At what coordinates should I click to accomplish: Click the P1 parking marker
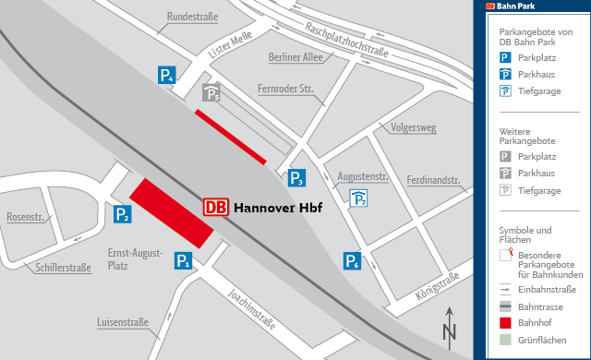point(184,261)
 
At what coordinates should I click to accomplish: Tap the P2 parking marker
point(122,215)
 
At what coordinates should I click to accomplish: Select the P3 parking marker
point(296,178)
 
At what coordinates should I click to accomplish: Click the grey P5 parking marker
point(211,93)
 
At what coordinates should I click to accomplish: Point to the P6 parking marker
point(352,261)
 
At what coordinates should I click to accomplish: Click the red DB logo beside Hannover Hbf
point(215,208)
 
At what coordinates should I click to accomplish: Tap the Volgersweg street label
point(414,127)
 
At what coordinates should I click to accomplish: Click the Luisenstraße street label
point(123,323)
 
